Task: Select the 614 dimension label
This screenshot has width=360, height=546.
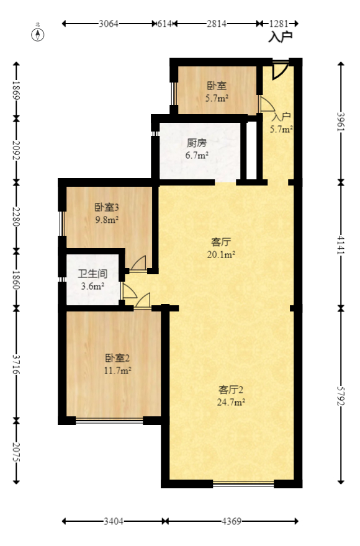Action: (164, 24)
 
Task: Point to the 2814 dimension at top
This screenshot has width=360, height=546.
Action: (217, 24)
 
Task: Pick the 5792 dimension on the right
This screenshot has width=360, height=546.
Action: (341, 396)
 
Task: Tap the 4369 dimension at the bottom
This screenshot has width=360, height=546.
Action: (232, 521)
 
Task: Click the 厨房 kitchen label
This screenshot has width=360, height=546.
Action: (197, 141)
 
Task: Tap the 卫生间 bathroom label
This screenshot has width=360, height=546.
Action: (92, 274)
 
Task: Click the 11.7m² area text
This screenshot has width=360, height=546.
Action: (117, 371)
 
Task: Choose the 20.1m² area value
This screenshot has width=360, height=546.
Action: (222, 254)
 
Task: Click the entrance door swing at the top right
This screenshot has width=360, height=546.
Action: (279, 69)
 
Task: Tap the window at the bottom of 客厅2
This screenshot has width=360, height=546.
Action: (243, 483)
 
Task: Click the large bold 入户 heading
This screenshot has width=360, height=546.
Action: (281, 37)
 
